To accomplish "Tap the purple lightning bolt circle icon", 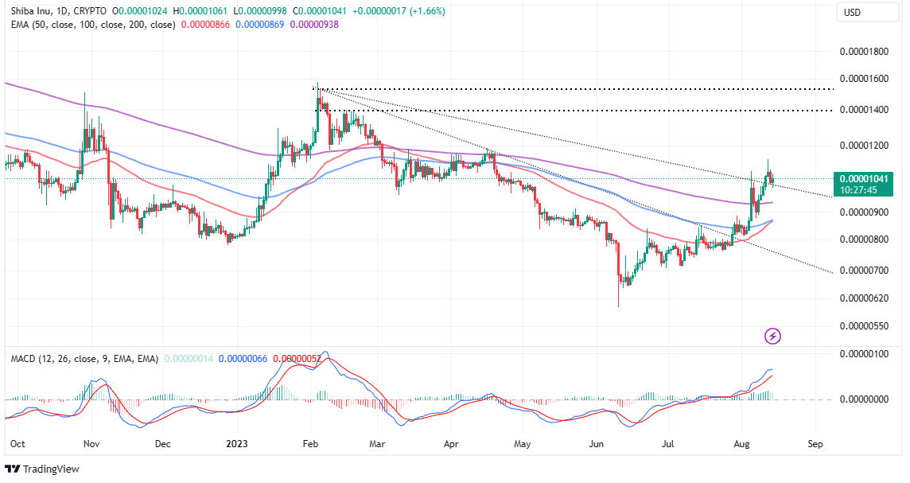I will pyautogui.click(x=772, y=336).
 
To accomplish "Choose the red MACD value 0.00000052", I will pyautogui.click(x=297, y=359).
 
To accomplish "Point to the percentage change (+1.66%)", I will pyautogui.click(x=423, y=11).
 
